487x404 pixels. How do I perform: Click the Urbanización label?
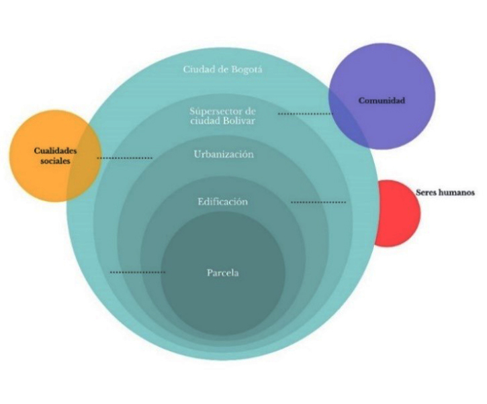point(224,154)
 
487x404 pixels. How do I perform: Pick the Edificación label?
point(222,201)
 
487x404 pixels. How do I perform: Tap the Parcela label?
point(223,273)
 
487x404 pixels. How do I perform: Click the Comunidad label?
point(382,100)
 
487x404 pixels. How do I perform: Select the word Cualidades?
point(55,151)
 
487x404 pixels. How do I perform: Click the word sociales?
point(55,162)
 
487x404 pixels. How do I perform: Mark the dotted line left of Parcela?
point(137,272)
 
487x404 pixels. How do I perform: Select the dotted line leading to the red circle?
point(318,202)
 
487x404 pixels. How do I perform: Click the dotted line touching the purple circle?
point(305,114)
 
